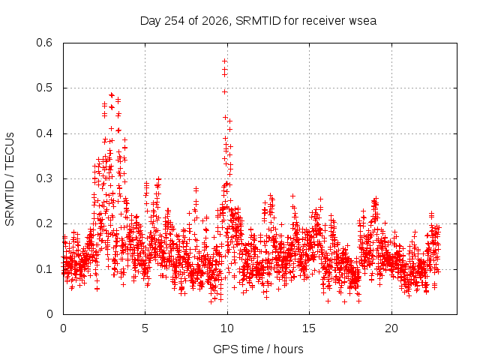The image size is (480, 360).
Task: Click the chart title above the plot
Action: pos(258,21)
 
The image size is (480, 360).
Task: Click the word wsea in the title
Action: pos(363,21)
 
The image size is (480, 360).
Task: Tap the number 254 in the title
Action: pos(175,21)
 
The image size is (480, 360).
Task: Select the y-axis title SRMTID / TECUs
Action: pos(10,179)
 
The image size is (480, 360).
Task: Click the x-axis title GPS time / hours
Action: pos(258,349)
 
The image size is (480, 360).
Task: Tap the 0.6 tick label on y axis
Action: pos(44,43)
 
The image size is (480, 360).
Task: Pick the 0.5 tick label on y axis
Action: pos(44,88)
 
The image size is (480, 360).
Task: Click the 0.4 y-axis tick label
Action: pos(44,133)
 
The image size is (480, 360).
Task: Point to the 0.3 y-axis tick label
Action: pos(44,178)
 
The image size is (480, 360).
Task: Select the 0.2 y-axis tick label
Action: pos(44,223)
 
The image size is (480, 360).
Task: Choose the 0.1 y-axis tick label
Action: pos(44,269)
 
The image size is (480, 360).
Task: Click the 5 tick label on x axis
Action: pos(145,328)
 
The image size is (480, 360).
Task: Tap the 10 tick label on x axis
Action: pos(227,328)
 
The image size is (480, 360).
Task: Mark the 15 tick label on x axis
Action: pos(309,328)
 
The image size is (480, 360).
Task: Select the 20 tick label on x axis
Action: pos(391,328)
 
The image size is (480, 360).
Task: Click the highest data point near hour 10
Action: pos(225,61)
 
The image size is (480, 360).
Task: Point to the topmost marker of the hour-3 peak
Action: pos(112,95)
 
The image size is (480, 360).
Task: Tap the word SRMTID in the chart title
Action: pos(258,21)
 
